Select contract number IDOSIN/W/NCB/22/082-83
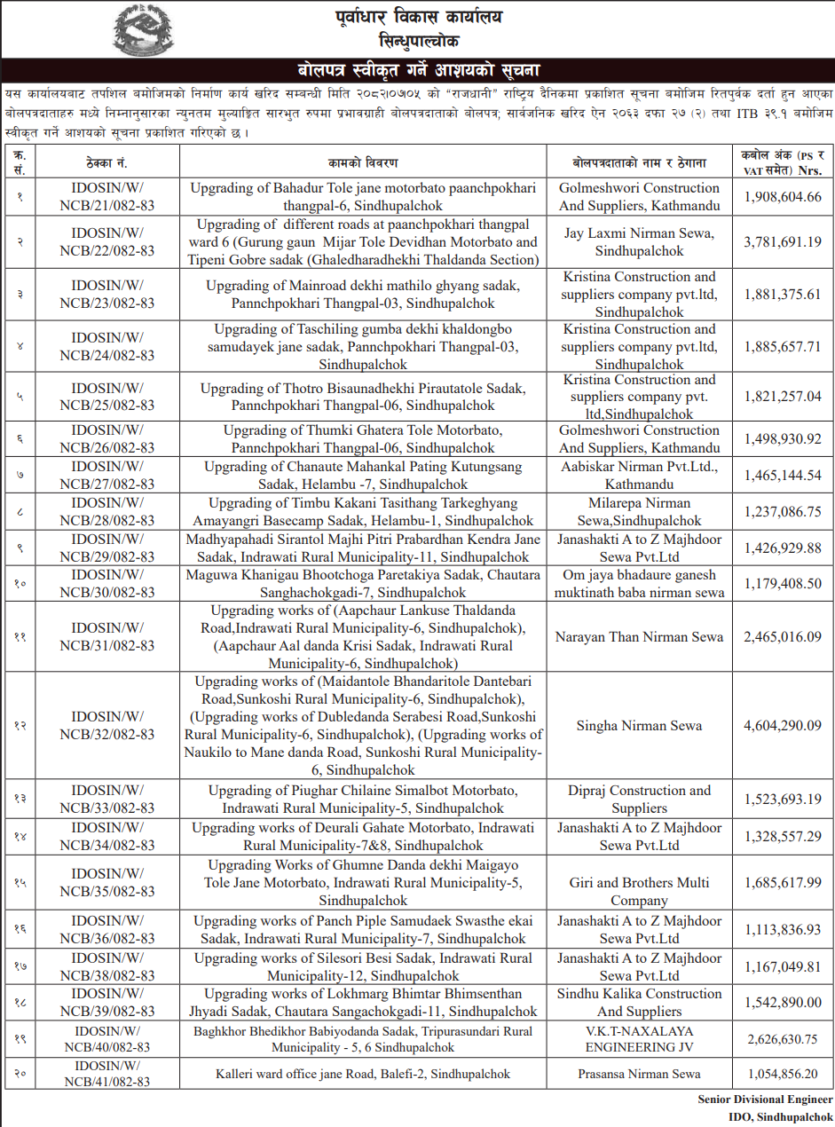113,242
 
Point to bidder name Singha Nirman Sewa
639,726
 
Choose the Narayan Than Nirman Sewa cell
639,637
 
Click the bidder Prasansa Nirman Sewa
639,1074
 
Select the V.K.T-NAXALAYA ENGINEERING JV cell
639,1038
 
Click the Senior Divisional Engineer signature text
766,1099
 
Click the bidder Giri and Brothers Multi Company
639,891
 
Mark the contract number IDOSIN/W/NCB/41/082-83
113,1074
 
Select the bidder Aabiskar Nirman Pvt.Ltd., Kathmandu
639,476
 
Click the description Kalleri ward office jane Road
363,1074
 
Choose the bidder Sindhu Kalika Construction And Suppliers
639,1003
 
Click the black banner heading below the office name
417,70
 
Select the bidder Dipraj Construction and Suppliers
639,800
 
